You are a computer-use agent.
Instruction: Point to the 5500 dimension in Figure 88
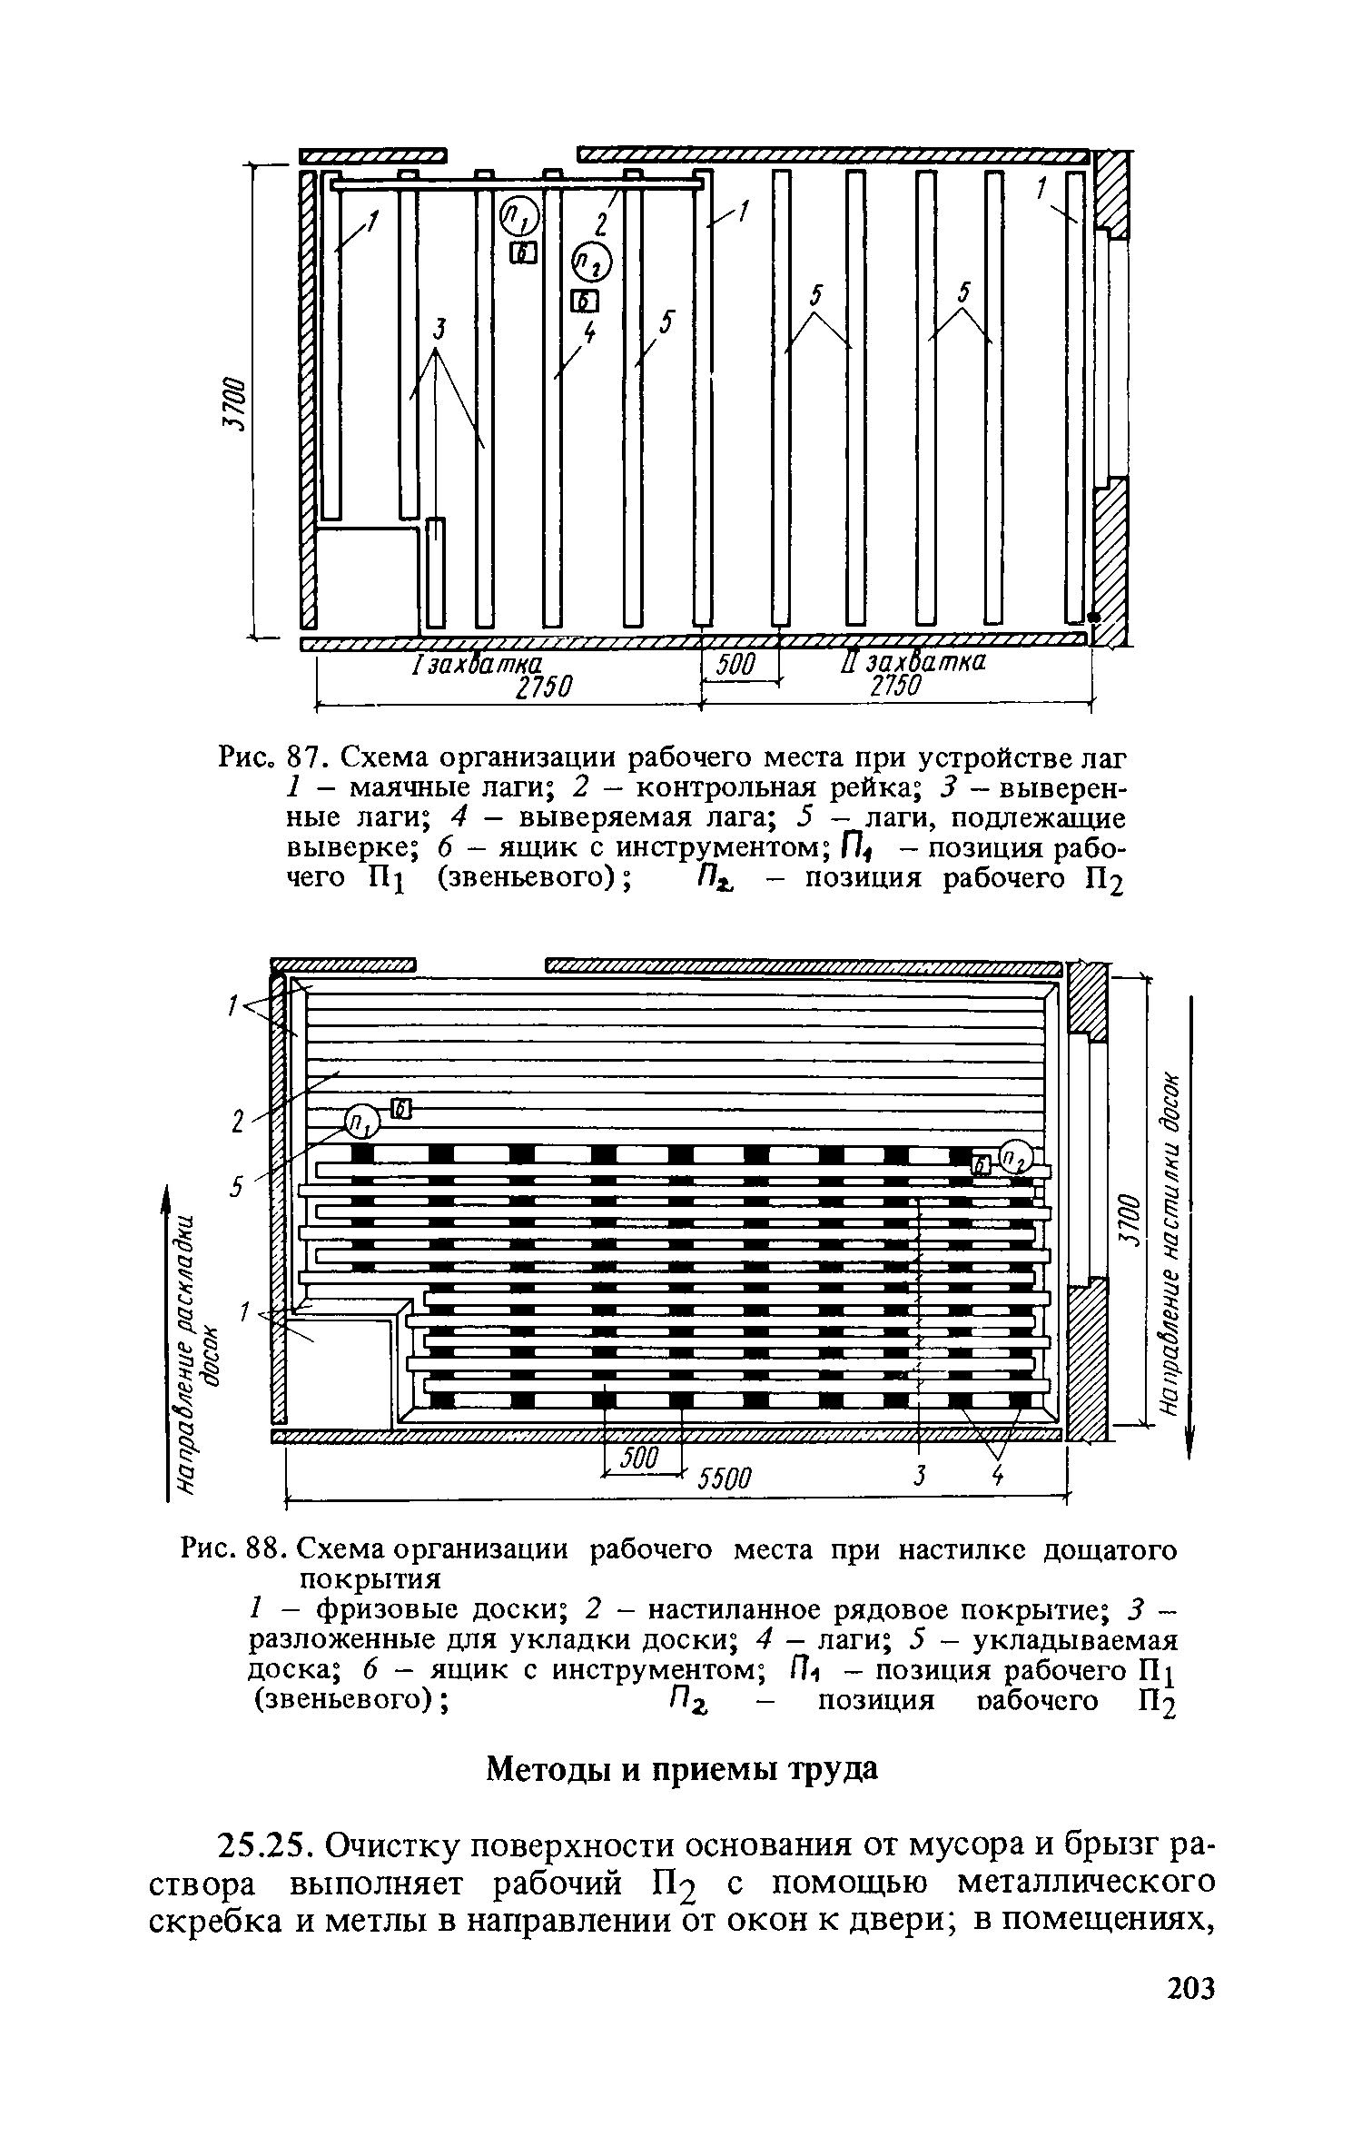click(x=725, y=1480)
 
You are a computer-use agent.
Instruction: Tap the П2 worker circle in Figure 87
click(x=591, y=262)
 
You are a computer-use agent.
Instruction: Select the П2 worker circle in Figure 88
click(x=1016, y=1157)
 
